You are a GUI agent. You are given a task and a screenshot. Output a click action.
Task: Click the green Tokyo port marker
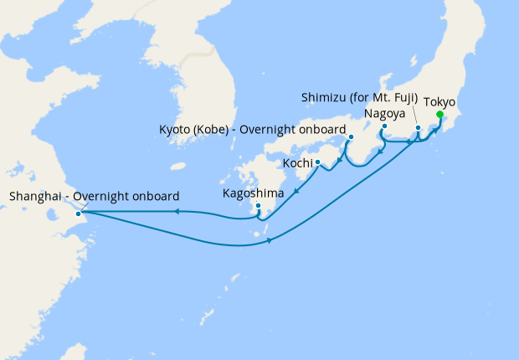tap(439, 115)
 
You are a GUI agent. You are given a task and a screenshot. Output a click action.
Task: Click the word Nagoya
tap(385, 113)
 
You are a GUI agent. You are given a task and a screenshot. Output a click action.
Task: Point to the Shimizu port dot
tap(418, 127)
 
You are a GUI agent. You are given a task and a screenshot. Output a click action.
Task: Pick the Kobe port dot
tap(352, 136)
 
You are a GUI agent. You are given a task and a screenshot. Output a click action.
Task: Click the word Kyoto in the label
tap(176, 130)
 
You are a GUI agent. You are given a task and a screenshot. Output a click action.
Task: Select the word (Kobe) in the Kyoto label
tap(216, 130)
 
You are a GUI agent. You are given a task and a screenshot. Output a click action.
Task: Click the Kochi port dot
tap(318, 162)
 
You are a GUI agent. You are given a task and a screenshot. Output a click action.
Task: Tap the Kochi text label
tap(298, 162)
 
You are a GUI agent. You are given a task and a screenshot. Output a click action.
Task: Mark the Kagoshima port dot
tap(258, 205)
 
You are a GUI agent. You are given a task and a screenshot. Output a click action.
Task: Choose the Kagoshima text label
tap(253, 193)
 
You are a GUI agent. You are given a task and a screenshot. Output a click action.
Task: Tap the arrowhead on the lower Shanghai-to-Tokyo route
tap(270, 241)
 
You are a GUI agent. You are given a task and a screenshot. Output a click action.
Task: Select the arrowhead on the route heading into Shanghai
tap(177, 212)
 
